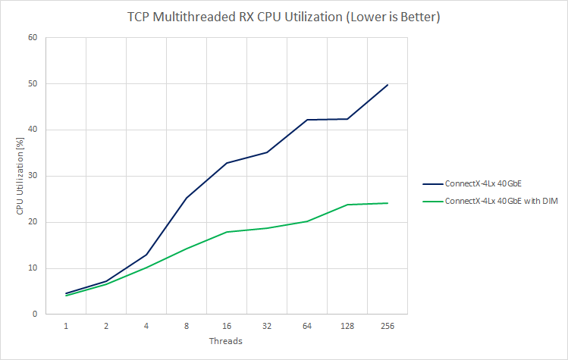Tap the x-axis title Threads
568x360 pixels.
[x=226, y=341]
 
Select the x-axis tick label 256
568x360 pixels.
[x=388, y=326]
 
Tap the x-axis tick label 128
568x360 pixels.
[x=347, y=326]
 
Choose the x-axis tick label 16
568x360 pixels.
[x=227, y=326]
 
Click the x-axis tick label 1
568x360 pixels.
[x=66, y=326]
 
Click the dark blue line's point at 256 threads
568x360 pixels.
[x=388, y=85]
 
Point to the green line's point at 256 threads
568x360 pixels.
[x=388, y=203]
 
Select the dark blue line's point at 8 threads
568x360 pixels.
[x=187, y=197]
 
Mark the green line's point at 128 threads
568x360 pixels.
[x=347, y=205]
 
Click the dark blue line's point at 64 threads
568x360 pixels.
[x=307, y=120]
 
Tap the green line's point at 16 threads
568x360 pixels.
[x=227, y=232]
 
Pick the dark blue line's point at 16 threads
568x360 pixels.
[x=227, y=163]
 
